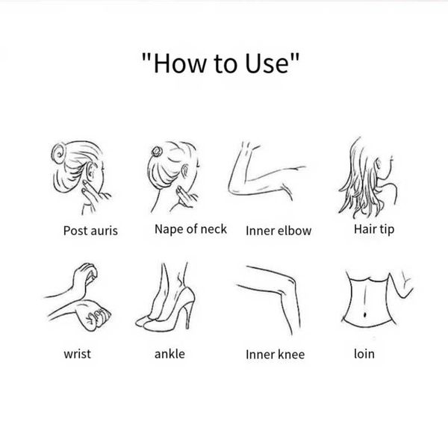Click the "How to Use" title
coord(220,63)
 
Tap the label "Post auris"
coord(90,231)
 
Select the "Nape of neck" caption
coord(190,229)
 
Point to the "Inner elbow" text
coord(279,231)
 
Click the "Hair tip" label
coord(374,229)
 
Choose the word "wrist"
coord(77,354)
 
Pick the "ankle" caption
coord(169,354)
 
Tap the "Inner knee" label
coord(275,355)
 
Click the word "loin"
coord(364,354)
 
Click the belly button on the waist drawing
coord(364,314)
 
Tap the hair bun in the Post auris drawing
coord(58,153)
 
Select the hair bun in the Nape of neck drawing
coord(157,152)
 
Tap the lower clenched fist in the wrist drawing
coord(94,314)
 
